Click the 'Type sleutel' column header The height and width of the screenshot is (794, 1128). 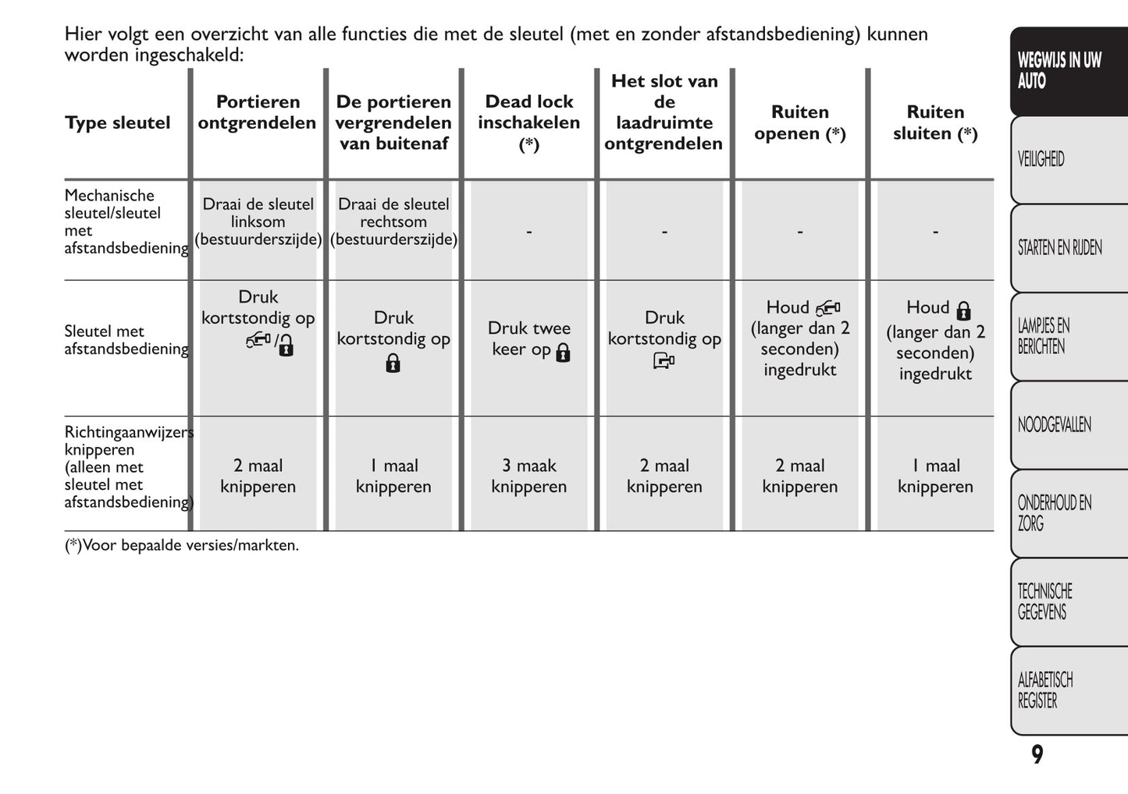click(117, 123)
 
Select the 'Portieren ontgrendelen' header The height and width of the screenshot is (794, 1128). click(257, 112)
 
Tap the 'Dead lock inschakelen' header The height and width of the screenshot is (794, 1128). click(528, 122)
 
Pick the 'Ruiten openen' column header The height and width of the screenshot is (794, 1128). click(799, 123)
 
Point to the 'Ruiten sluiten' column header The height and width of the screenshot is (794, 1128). click(934, 123)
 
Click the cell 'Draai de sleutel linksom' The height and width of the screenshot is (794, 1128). click(258, 222)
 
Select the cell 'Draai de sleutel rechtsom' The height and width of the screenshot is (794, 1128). click(393, 222)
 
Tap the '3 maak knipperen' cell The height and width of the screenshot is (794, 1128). click(528, 476)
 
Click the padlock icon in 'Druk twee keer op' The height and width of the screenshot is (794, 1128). click(563, 353)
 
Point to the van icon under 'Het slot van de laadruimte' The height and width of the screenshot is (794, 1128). click(664, 361)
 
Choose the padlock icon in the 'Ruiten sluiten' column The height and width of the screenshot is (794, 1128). click(963, 310)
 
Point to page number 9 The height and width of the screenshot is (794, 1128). click(1037, 755)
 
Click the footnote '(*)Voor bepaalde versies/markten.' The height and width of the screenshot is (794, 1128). click(181, 545)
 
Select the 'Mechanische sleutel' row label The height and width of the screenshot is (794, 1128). click(125, 222)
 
